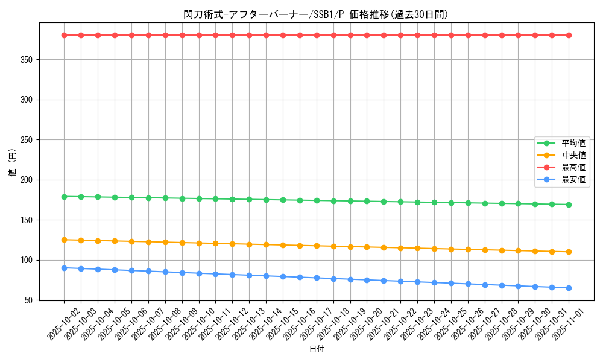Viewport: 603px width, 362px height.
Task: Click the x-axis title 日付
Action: [317, 349]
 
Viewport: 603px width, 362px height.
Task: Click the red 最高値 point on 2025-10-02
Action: [64, 35]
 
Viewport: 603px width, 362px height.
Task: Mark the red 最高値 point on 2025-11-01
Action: [569, 35]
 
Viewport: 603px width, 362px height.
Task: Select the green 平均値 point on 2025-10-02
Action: [64, 196]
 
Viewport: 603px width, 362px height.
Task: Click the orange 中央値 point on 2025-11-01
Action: [569, 252]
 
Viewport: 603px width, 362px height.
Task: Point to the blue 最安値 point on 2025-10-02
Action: [64, 268]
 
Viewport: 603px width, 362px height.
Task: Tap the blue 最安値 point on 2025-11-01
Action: [569, 288]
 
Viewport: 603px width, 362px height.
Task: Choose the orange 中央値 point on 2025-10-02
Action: [64, 240]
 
